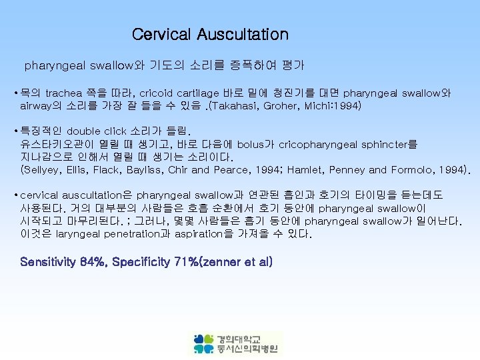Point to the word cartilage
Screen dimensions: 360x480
(200, 93)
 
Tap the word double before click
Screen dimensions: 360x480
(85, 131)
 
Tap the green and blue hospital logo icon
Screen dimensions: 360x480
(204, 343)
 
